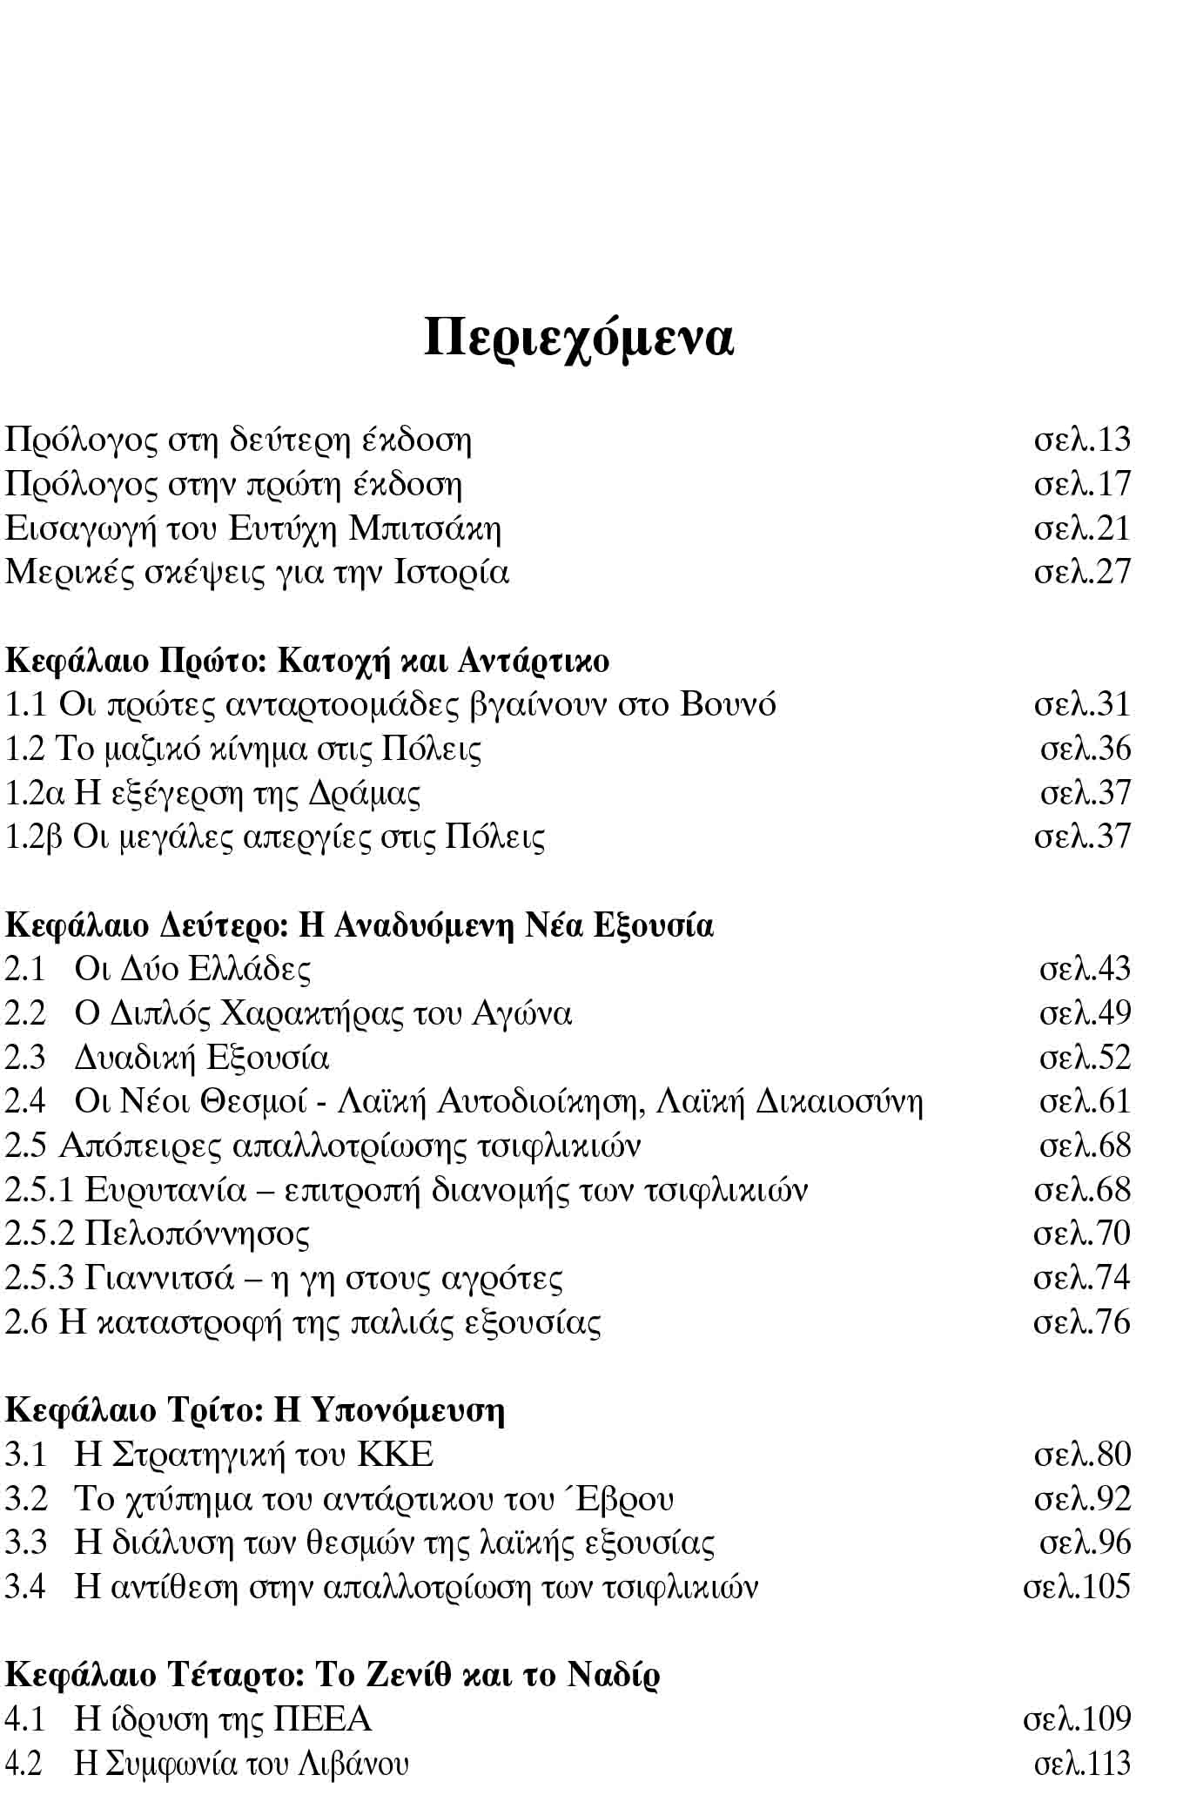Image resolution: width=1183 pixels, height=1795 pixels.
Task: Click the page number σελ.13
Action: [1082, 440]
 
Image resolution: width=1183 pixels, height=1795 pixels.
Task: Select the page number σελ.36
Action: [1086, 749]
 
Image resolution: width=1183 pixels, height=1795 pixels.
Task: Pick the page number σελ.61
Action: [1086, 1102]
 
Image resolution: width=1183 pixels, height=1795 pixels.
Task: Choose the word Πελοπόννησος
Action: [198, 1234]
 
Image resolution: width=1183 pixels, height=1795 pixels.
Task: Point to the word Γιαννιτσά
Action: [161, 1279]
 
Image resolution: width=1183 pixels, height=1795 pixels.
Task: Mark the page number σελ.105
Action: [1077, 1587]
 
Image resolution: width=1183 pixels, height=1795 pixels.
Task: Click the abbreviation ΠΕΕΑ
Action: [323, 1719]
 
